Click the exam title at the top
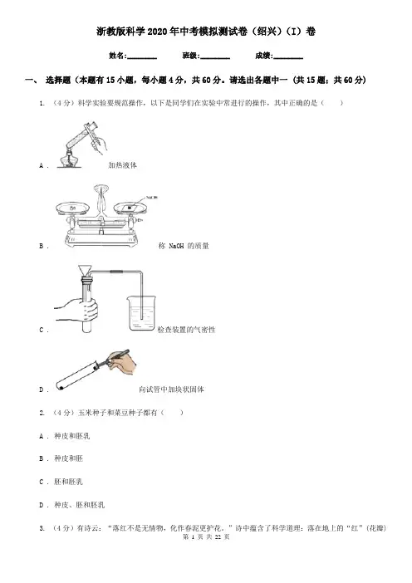click(x=206, y=32)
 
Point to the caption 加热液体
click(x=122, y=165)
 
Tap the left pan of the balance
click(x=72, y=208)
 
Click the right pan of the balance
click(x=130, y=208)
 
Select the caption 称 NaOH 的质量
click(x=184, y=246)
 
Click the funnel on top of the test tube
click(x=86, y=271)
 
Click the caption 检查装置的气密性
click(x=186, y=330)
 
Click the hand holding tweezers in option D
click(x=120, y=360)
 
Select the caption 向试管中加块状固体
click(x=171, y=389)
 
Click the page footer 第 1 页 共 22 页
click(x=206, y=536)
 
